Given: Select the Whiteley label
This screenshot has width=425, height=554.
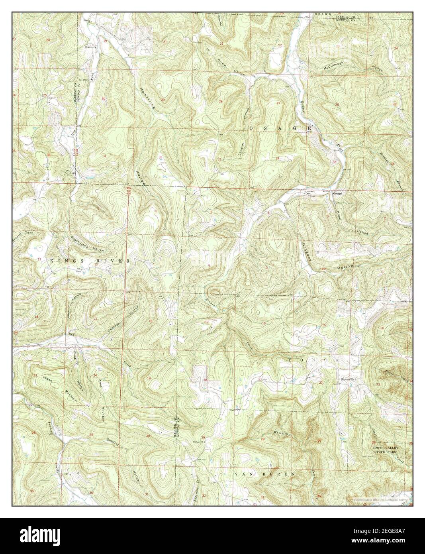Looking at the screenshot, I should pyautogui.click(x=280, y=432).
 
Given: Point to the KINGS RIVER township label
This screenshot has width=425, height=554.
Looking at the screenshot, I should pyautogui.click(x=90, y=261).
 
